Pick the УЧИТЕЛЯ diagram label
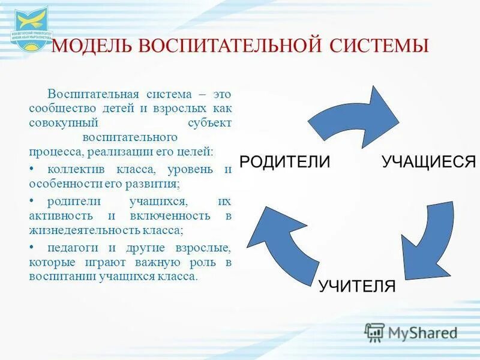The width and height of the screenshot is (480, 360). pyautogui.click(x=357, y=286)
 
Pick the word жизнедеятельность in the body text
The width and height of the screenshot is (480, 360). pyautogui.click(x=78, y=229)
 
